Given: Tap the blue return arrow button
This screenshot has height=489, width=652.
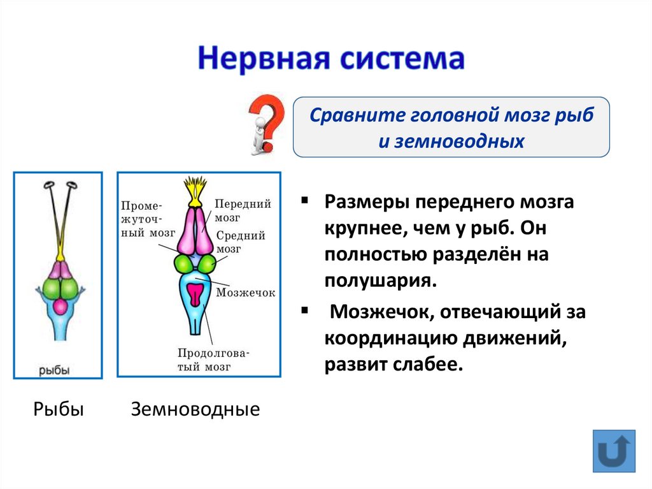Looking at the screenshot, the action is click(614, 451).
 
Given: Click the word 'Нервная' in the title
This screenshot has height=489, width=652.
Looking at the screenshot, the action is click(261, 59).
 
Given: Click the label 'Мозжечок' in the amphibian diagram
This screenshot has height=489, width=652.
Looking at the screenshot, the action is click(245, 293).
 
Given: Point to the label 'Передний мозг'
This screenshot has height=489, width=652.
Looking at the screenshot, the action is click(243, 210).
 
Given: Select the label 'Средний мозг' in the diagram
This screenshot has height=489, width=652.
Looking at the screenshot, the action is click(241, 242).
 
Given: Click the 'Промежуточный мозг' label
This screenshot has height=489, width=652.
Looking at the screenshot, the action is click(145, 219).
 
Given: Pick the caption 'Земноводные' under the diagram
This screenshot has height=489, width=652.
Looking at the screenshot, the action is click(195, 409).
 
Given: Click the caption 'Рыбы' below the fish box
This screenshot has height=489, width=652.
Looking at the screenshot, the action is click(59, 409).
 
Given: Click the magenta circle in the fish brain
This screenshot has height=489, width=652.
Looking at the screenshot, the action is click(59, 307).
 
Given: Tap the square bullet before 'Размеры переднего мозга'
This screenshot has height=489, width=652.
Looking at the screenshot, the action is click(305, 201).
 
